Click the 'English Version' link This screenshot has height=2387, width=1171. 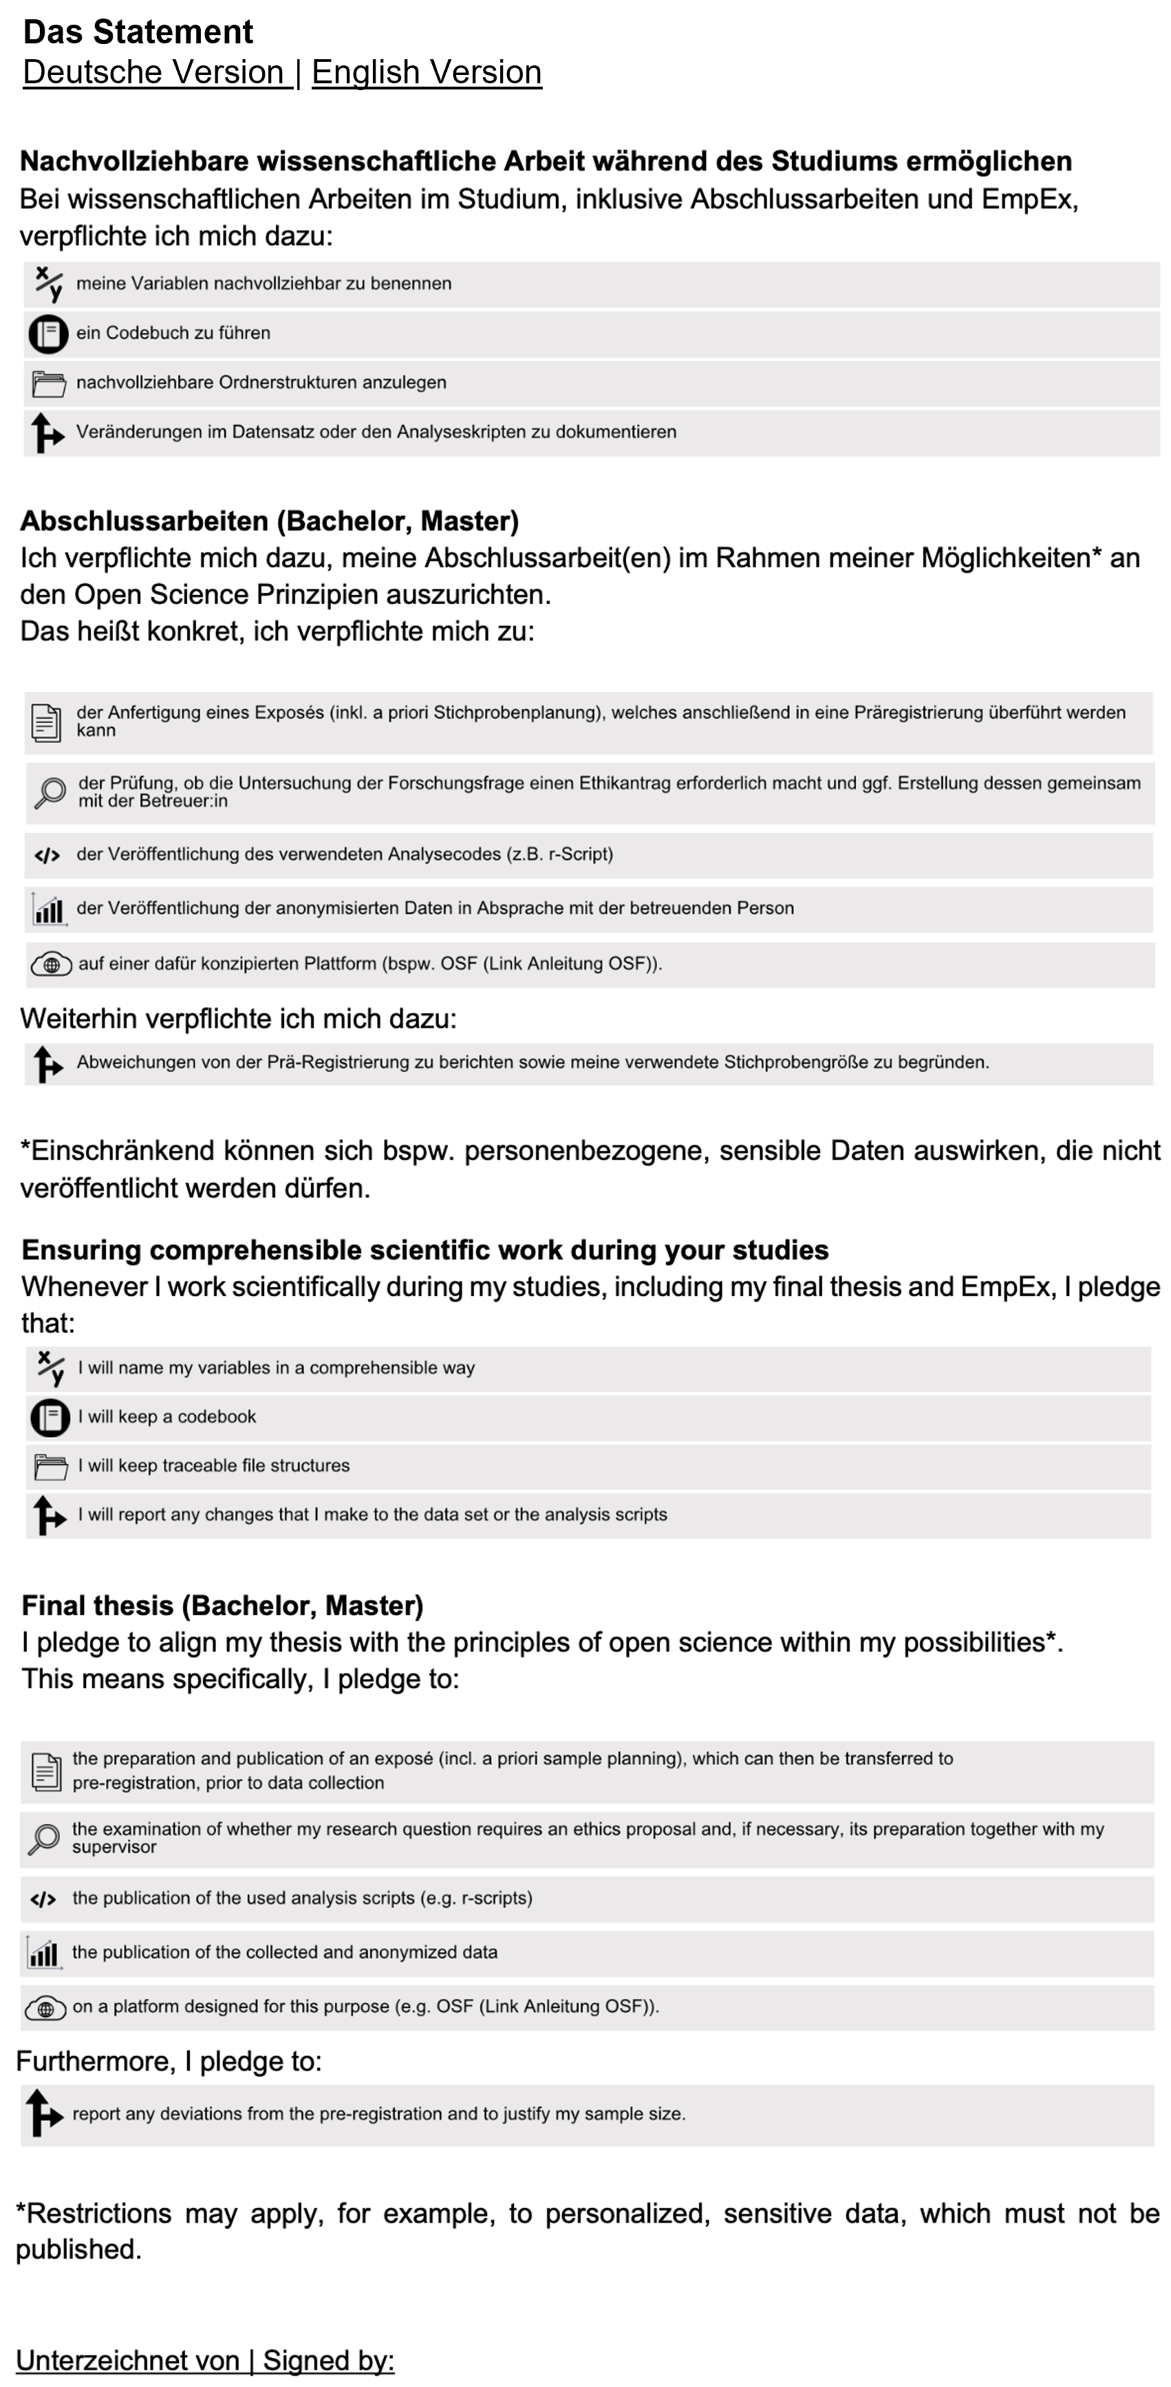point(426,72)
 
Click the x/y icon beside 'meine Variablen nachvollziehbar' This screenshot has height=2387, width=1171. point(48,283)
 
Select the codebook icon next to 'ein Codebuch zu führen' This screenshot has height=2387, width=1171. point(47,334)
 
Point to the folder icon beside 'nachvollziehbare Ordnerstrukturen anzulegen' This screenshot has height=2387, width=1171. point(48,382)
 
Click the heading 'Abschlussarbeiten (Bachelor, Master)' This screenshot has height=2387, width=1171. point(268,521)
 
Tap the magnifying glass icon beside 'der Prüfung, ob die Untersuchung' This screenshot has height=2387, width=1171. point(49,792)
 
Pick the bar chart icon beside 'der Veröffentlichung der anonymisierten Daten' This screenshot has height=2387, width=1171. point(48,909)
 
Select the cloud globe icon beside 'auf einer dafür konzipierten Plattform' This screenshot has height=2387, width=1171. point(51,964)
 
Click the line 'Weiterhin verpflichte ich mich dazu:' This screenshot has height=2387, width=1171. point(238,1018)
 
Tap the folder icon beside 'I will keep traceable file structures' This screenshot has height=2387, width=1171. point(50,1467)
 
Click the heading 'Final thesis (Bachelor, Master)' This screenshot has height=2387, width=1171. point(222,1606)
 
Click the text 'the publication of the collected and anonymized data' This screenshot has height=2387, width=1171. point(284,1952)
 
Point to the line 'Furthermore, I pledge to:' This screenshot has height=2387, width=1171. point(169,2061)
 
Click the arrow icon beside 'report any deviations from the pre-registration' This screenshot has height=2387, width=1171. point(43,2115)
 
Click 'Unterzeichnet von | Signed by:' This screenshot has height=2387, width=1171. point(205,2360)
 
